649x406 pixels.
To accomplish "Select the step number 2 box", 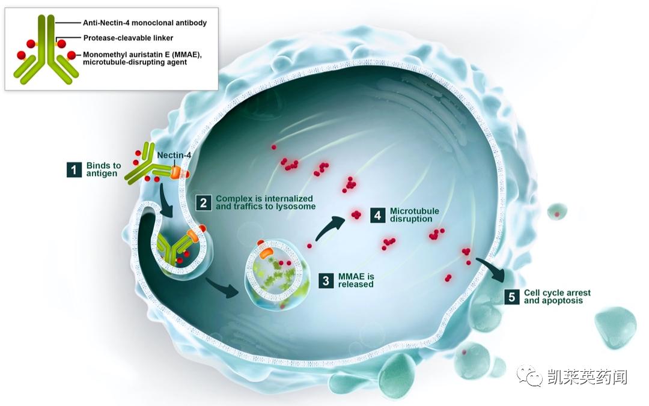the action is coord(204,202).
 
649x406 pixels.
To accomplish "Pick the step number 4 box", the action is coord(377,215).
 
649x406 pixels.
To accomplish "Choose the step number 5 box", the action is coord(511,296).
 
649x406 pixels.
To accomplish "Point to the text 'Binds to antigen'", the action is coord(103,169).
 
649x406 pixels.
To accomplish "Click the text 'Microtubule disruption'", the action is coord(414,215).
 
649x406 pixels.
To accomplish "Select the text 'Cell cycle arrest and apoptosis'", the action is coord(556,297).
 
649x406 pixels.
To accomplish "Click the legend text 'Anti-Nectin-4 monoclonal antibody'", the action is coord(144,23).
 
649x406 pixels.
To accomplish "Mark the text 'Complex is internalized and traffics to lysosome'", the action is coord(264,202).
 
